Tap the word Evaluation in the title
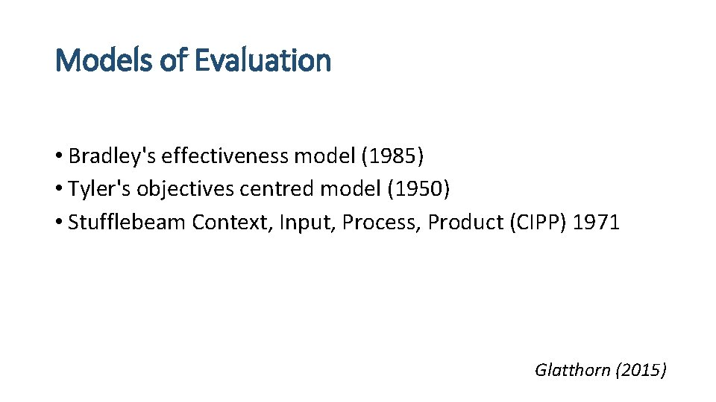pyautogui.click(x=262, y=60)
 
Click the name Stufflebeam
pyautogui.click(x=127, y=223)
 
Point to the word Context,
pyautogui.click(x=232, y=223)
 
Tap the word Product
pyautogui.click(x=465, y=223)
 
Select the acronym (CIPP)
pyautogui.click(x=538, y=223)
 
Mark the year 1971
pyautogui.click(x=597, y=223)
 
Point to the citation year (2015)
pyautogui.click(x=641, y=369)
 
